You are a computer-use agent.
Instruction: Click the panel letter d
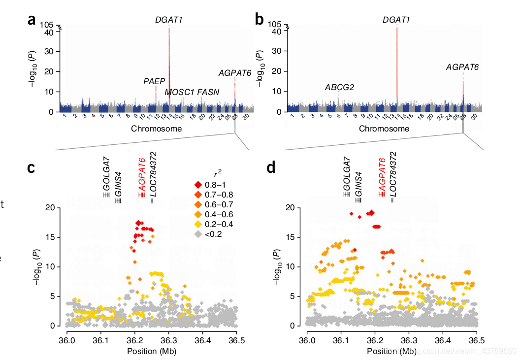(x=271, y=168)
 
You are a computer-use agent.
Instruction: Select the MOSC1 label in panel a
(x=179, y=92)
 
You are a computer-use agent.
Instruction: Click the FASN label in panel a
(x=208, y=92)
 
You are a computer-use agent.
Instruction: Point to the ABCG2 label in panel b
(x=339, y=88)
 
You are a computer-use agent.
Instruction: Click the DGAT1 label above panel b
(x=396, y=20)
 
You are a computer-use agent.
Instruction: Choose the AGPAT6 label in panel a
(x=235, y=73)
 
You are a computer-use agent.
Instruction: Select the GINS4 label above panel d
(x=358, y=180)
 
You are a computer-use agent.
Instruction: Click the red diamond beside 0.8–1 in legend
(x=197, y=185)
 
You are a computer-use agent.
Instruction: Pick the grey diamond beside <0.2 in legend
(x=197, y=234)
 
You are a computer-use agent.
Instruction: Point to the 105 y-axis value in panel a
(x=47, y=25)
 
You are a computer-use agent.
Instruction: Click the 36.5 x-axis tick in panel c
(x=236, y=340)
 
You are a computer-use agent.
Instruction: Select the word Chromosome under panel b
(x=384, y=129)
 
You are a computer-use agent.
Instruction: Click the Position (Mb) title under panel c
(x=152, y=351)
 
